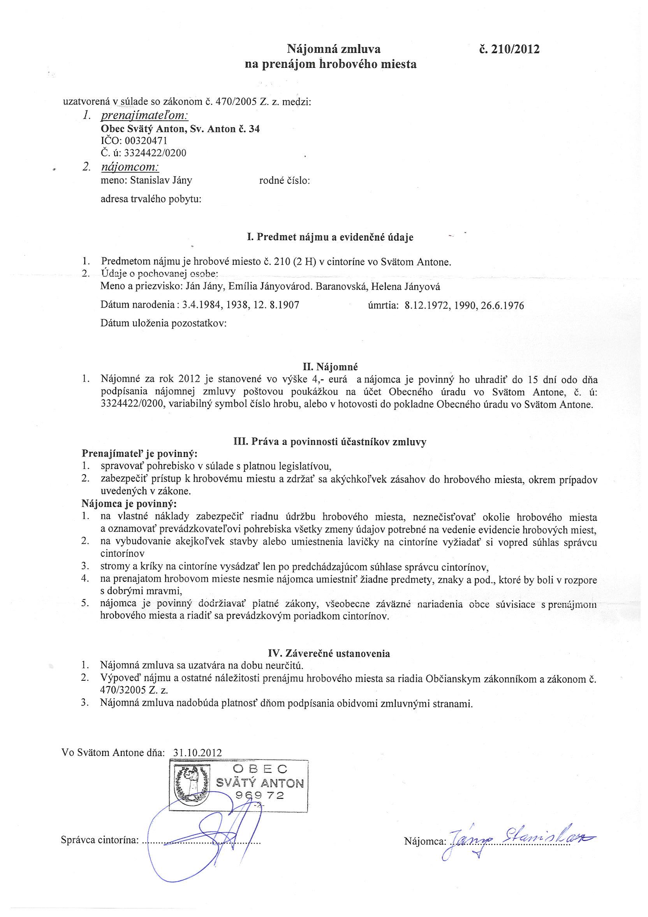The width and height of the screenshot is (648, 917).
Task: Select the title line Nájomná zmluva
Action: point(334,49)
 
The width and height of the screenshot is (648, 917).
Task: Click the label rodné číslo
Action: point(285,181)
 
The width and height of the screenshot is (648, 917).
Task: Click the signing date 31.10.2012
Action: point(197,752)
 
